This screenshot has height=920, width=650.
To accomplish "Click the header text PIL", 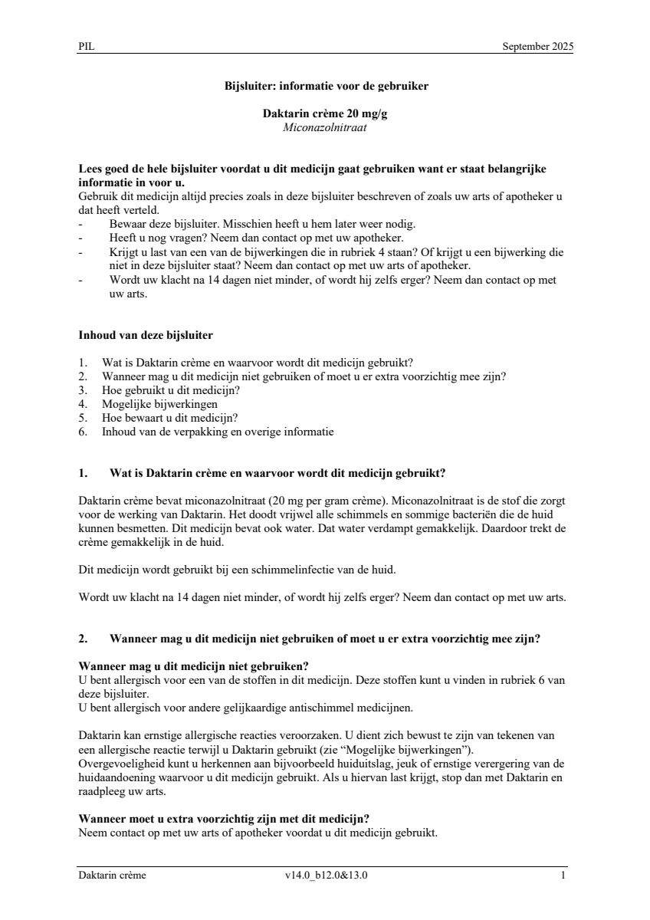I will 86,47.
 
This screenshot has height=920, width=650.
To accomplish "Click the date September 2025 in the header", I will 537,47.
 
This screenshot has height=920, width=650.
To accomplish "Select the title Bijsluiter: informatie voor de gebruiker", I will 325,86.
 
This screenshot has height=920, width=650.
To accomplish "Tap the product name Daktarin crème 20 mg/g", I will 325,113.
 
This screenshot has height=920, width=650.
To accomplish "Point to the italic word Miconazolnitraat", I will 325,127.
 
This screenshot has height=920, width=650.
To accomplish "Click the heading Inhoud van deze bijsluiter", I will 146,335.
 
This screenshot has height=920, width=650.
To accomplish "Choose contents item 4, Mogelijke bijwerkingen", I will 159,404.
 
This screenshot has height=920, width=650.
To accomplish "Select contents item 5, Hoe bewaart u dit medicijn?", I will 169,418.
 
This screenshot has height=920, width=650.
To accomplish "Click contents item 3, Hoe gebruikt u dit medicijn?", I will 171,390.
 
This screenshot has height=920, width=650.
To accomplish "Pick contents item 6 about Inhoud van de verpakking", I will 217,432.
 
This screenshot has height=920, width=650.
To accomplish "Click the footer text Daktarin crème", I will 112,876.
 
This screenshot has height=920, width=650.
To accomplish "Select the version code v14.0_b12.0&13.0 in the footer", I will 326,876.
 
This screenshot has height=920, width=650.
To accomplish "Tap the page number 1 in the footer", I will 563,876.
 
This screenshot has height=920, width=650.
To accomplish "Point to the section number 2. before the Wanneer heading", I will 84,638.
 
